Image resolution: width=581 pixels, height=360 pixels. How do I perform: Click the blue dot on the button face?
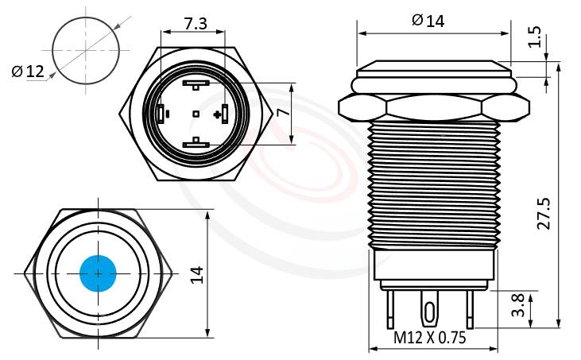(x=99, y=273)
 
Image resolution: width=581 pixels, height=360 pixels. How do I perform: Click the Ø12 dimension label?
(x=27, y=72)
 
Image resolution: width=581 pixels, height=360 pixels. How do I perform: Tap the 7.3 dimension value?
(x=196, y=24)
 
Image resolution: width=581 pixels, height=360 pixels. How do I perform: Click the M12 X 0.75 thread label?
(x=430, y=338)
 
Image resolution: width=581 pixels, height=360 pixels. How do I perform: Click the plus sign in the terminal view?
(x=216, y=114)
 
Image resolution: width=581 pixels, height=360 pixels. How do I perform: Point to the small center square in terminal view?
(x=196, y=114)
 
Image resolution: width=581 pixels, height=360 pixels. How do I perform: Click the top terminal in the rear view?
(x=196, y=83)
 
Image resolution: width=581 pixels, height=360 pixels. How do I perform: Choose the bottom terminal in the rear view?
(x=196, y=144)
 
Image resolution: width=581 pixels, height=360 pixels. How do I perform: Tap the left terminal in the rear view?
(x=162, y=114)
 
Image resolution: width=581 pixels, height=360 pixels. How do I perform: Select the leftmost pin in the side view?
(x=391, y=310)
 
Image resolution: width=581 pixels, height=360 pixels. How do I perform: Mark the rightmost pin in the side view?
(x=471, y=310)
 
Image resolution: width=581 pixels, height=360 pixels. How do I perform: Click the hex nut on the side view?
(x=433, y=106)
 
